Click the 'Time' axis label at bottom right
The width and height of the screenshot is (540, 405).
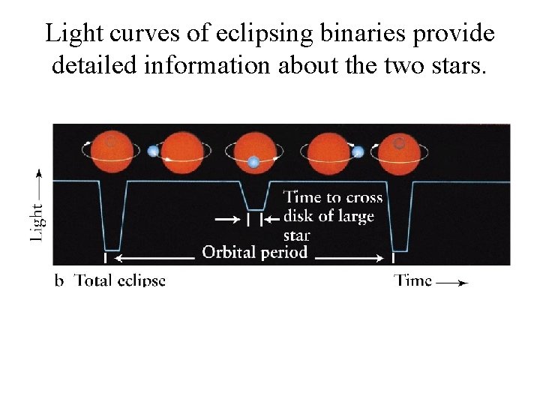pos(413,280)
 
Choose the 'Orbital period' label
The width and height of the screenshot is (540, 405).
pos(255,252)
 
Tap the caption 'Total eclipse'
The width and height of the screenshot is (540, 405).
pos(120,280)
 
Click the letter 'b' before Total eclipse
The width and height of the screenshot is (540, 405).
pos(59,281)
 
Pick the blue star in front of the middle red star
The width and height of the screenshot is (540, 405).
pos(254,162)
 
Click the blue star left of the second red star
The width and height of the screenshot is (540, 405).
pos(154,150)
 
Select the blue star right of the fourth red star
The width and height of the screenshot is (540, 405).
pos(358,151)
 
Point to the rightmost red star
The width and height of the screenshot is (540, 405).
pos(400,151)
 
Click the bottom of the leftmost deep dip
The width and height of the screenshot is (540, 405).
pos(112,249)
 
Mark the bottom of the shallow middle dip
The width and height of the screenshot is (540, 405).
pos(255,210)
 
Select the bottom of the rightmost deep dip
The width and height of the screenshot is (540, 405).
pos(399,250)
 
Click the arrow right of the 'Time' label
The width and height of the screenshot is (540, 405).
pos(453,283)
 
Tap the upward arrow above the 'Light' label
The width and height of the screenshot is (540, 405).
pos(38,180)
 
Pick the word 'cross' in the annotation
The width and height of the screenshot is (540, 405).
pos(364,198)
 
